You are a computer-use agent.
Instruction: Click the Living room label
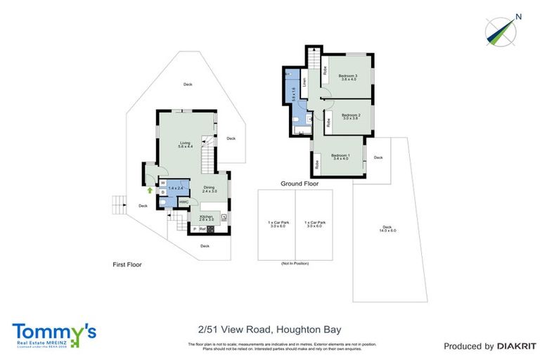(x=186, y=145)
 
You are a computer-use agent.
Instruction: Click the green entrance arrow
(x=150, y=189)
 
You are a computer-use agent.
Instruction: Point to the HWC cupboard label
(x=184, y=202)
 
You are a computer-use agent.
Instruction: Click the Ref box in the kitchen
(x=202, y=229)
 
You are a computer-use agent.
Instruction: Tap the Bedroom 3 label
(x=348, y=77)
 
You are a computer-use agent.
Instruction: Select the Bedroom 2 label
(x=351, y=117)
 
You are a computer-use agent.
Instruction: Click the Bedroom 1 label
(x=340, y=157)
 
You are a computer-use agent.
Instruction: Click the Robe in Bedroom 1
(x=317, y=165)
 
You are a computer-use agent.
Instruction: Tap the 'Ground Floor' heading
(x=300, y=184)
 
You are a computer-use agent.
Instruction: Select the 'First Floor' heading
(x=127, y=265)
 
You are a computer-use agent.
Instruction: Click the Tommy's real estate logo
(x=54, y=335)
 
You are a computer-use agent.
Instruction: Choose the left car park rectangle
(x=276, y=224)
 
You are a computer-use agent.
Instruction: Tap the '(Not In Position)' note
(x=295, y=264)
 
